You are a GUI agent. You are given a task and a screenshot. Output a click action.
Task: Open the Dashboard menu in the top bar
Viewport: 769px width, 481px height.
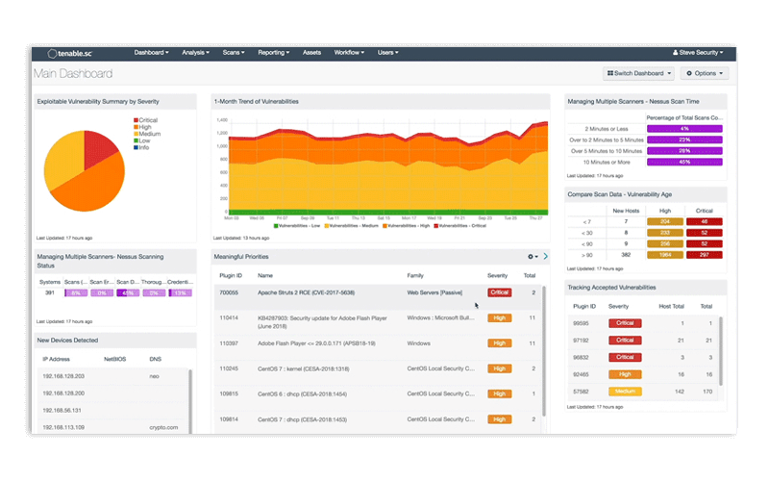click(151, 53)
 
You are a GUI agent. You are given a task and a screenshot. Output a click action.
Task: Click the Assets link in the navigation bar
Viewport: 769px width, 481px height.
click(311, 53)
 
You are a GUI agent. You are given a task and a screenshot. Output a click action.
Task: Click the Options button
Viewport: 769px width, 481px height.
click(705, 73)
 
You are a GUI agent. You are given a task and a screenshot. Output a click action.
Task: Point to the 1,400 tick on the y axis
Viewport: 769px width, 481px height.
click(221, 120)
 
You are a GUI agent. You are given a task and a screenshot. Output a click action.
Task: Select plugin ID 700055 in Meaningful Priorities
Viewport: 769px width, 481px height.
click(230, 291)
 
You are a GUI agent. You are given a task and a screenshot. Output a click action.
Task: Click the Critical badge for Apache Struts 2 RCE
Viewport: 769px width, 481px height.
click(499, 291)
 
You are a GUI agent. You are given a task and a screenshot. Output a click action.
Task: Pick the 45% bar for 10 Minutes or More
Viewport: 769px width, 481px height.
click(683, 163)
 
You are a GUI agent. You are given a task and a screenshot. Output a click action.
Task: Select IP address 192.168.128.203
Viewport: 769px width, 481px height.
click(63, 376)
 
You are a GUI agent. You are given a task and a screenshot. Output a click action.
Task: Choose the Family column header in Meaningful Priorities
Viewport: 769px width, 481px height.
click(415, 275)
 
